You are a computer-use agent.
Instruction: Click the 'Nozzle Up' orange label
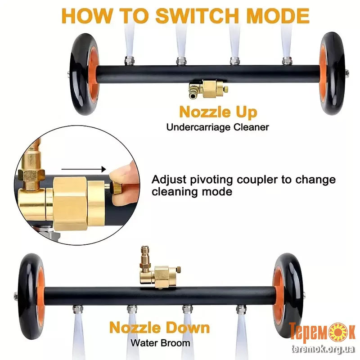[218, 112]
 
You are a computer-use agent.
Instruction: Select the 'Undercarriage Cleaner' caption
[218, 127]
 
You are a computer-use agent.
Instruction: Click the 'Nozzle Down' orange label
[160, 328]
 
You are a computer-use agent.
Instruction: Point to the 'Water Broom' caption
[161, 343]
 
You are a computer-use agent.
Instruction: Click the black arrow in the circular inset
[84, 170]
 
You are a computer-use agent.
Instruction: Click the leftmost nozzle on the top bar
[129, 61]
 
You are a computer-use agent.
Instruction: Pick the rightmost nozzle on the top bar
[287, 61]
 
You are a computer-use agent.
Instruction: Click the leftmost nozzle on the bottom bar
[77, 309]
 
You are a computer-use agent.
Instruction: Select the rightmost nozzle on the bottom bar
[241, 309]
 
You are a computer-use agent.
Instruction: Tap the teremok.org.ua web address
[323, 349]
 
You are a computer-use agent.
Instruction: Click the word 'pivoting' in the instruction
[211, 180]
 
